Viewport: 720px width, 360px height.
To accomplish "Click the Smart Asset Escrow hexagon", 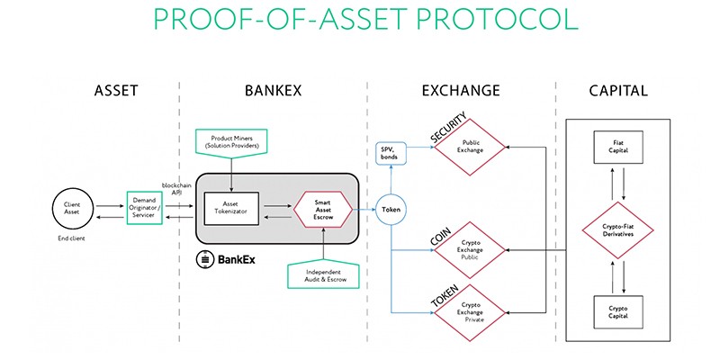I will click(322, 209).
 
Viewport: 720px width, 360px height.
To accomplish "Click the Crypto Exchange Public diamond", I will click(472, 251).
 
